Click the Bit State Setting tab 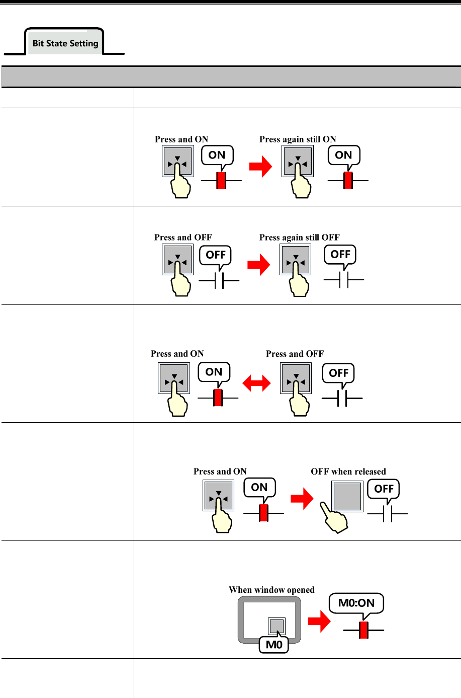(x=65, y=43)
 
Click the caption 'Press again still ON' (x=298, y=139)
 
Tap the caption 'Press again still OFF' (x=299, y=238)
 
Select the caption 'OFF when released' (x=348, y=472)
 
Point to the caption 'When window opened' (x=271, y=590)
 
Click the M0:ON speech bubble (x=356, y=603)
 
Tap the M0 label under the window (x=274, y=645)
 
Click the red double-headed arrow (x=256, y=384)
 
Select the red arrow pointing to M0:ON (x=319, y=622)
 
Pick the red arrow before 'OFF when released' (x=302, y=500)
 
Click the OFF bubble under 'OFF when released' (x=384, y=489)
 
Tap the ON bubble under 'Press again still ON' (x=343, y=156)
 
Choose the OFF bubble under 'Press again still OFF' (x=340, y=255)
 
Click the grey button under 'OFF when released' (x=347, y=496)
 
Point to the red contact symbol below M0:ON (x=363, y=630)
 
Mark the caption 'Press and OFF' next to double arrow (x=295, y=354)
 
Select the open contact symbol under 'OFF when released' (x=387, y=514)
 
